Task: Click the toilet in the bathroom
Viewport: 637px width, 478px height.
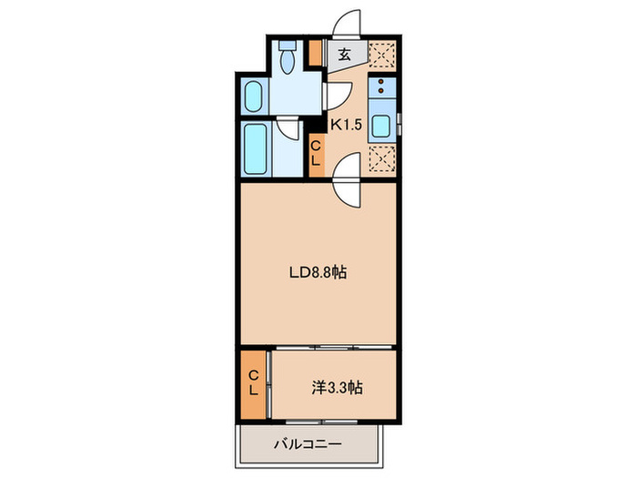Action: [289, 57]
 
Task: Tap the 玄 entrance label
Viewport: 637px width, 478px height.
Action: [345, 55]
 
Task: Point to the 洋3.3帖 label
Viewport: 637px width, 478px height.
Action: [336, 387]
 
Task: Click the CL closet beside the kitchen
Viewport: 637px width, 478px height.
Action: [316, 153]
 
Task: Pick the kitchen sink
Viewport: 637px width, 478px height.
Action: [382, 127]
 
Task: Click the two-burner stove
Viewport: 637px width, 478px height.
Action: [381, 89]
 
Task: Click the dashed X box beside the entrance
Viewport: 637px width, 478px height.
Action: [381, 55]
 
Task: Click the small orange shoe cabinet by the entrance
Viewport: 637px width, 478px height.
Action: [314, 54]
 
